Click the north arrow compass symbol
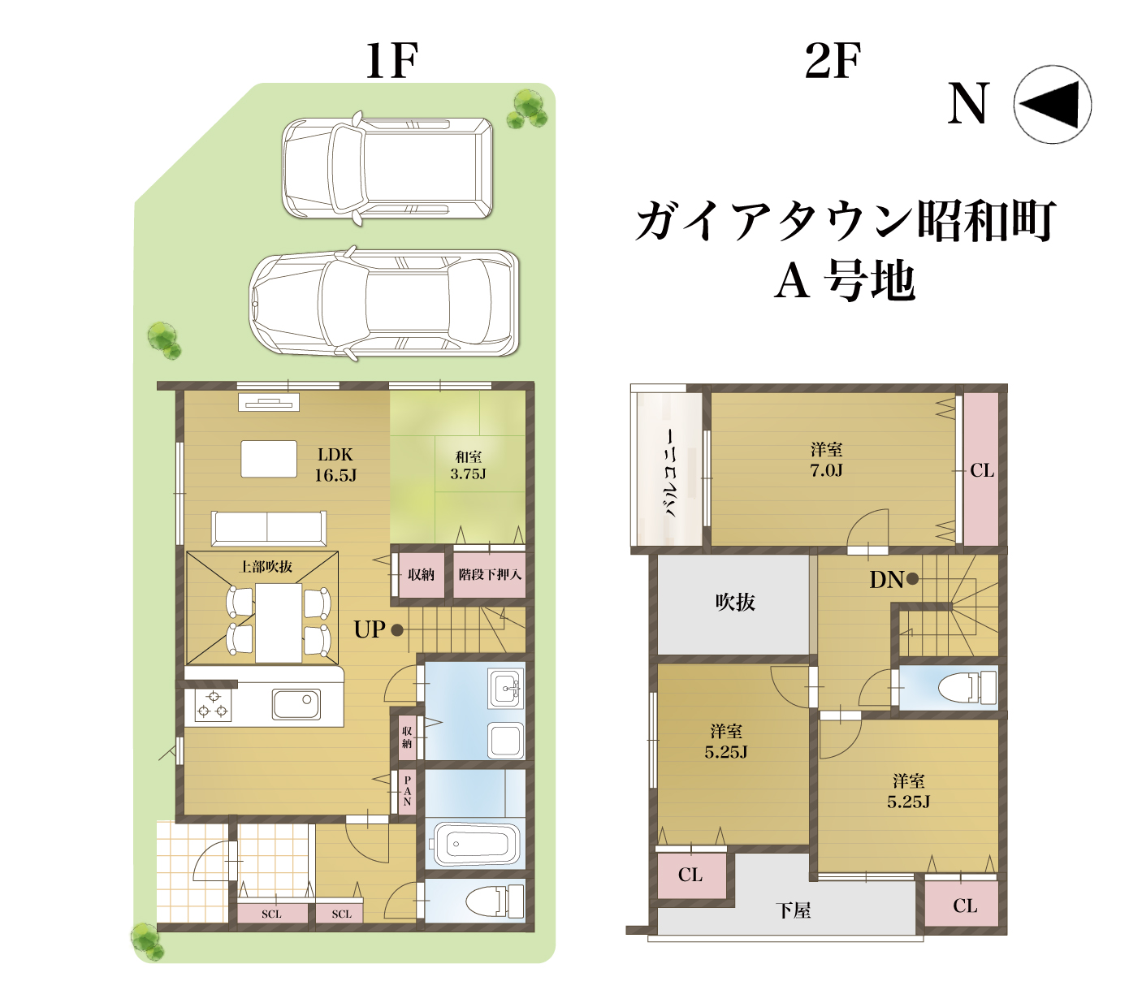point(1051,104)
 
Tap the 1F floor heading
point(391,60)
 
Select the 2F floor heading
point(832,60)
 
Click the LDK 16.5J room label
point(335,465)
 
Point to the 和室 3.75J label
point(468,465)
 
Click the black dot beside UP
point(397,629)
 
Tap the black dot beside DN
point(912,578)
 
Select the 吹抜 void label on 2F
point(734,602)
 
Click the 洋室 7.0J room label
point(826,460)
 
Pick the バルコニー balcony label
point(671,473)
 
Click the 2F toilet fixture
point(967,688)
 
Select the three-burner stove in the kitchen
point(213,704)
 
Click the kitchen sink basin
point(296,704)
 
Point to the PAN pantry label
point(407,791)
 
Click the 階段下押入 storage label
point(489,574)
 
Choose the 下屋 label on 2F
point(793,910)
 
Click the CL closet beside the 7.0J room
point(981,469)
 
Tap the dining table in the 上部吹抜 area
point(279,622)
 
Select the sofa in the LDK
point(268,528)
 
